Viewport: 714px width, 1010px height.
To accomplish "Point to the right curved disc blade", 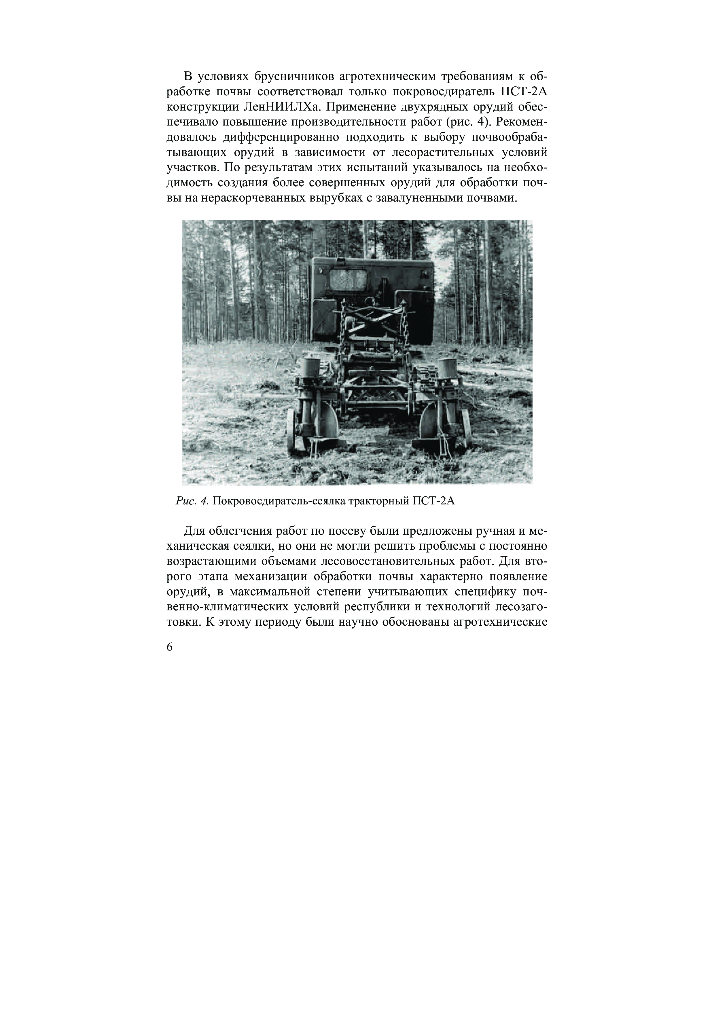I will (429, 423).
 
